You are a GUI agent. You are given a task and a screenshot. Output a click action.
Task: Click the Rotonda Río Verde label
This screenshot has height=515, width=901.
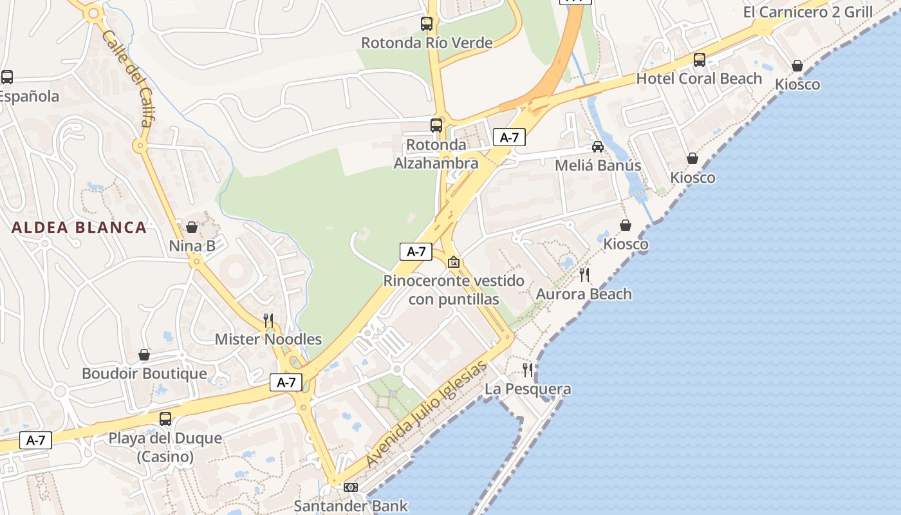pyautogui.click(x=427, y=43)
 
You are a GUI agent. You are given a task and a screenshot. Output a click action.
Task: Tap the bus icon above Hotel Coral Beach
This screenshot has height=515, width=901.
pyautogui.click(x=700, y=60)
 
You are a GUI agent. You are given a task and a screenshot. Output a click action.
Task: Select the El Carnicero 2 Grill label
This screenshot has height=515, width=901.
pyautogui.click(x=808, y=12)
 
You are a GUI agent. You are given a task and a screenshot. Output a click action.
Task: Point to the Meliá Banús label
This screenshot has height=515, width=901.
pyautogui.click(x=598, y=165)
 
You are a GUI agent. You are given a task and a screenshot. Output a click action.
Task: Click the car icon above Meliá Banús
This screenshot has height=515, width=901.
pyautogui.click(x=598, y=147)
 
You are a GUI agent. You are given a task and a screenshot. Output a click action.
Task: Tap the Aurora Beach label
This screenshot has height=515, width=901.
pyautogui.click(x=584, y=294)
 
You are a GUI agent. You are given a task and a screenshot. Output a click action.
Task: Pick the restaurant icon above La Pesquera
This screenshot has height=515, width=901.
pyautogui.click(x=528, y=370)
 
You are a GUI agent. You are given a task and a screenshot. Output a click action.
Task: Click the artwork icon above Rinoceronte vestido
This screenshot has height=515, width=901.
pyautogui.click(x=454, y=262)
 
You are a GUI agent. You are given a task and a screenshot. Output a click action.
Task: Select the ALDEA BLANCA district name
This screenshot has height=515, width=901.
pyautogui.click(x=79, y=227)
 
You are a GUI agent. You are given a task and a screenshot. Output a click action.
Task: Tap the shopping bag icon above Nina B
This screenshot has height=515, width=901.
pyautogui.click(x=192, y=227)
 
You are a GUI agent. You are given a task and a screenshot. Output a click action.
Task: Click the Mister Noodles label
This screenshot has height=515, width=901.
pyautogui.click(x=268, y=339)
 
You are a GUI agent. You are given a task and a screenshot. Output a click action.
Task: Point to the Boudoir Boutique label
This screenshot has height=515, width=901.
pyautogui.click(x=144, y=374)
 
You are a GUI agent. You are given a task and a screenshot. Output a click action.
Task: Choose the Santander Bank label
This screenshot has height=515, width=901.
pyautogui.click(x=351, y=505)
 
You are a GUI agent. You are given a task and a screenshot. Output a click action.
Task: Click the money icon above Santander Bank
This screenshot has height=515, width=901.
pyautogui.click(x=351, y=487)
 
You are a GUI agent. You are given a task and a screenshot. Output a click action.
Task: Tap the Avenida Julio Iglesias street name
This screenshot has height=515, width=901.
pyautogui.click(x=427, y=415)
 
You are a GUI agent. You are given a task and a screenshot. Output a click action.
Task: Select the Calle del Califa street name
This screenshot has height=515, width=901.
pyautogui.click(x=126, y=78)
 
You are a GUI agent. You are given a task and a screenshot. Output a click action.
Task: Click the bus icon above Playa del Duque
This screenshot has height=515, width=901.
pyautogui.click(x=165, y=419)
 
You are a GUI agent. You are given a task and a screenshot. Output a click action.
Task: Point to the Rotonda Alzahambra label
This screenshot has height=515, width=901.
pyautogui.click(x=436, y=154)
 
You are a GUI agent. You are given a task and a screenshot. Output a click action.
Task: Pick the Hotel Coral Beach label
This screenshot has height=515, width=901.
pyautogui.click(x=699, y=79)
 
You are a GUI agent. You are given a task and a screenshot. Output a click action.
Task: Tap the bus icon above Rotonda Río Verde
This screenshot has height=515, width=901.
pyautogui.click(x=427, y=24)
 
